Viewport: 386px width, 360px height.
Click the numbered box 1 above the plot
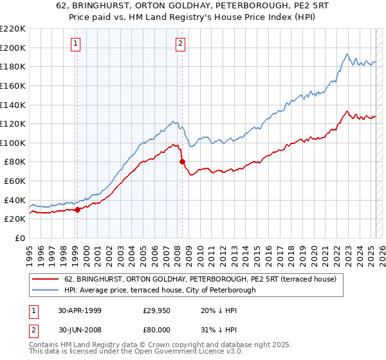point(76,44)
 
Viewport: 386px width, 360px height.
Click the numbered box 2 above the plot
point(179,44)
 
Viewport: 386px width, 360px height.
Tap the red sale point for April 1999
point(78,209)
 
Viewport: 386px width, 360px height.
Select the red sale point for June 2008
point(182,161)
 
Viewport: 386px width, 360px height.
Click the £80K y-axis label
point(15,162)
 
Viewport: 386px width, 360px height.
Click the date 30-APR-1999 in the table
point(78,310)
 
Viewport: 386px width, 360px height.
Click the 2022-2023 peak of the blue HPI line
point(347,54)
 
